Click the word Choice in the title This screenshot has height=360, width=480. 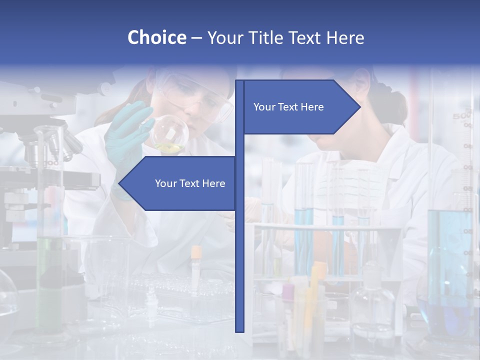[x=156, y=37]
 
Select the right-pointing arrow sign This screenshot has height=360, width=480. [x=300, y=107]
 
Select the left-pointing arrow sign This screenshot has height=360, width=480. [x=180, y=183]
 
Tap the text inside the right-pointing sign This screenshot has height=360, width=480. [x=288, y=107]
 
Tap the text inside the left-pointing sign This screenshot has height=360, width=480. [x=190, y=183]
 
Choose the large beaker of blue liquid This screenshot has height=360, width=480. [x=447, y=250]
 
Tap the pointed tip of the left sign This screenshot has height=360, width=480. [x=120, y=183]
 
